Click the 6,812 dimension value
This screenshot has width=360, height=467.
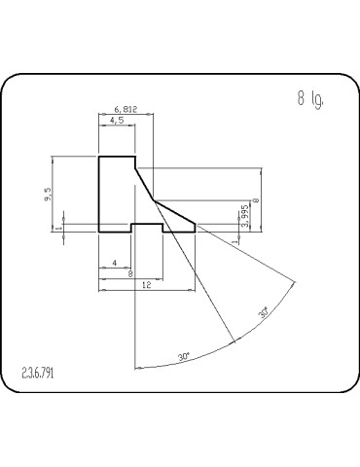[x=125, y=110]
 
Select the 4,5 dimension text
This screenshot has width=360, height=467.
[x=117, y=121]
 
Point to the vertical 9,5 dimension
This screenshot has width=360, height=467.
[x=49, y=195]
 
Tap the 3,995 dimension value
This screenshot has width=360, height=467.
[x=245, y=216]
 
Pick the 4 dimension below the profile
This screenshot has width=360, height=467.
[x=116, y=263]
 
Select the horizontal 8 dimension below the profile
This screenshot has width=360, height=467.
[x=131, y=273]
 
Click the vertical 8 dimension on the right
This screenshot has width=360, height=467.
[x=256, y=200]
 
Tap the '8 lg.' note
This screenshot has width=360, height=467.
[x=310, y=98]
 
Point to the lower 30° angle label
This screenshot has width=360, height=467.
[x=184, y=358]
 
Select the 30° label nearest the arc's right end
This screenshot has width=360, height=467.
[x=263, y=313]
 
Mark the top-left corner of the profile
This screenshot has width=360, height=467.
[x=99, y=157]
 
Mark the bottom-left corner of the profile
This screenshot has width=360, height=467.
[x=99, y=233]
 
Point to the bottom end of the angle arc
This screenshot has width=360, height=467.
[x=133, y=367]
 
